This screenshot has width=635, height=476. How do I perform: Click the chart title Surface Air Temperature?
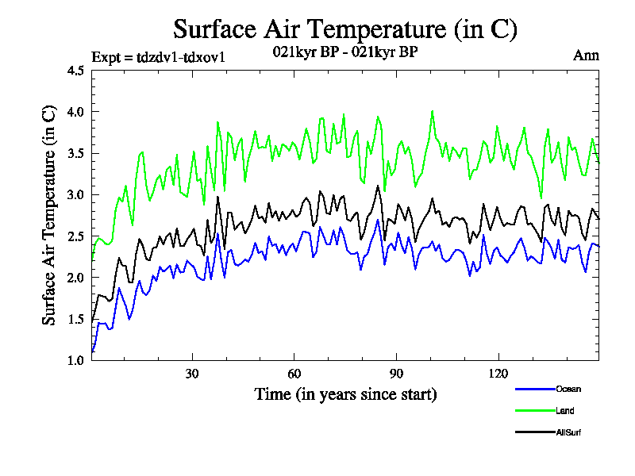coord(345,29)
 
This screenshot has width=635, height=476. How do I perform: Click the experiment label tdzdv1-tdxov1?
coord(160,56)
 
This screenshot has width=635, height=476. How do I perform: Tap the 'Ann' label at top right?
coord(586,55)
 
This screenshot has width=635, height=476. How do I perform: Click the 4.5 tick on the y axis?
coord(75,71)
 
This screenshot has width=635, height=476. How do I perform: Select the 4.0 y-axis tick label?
coord(75,112)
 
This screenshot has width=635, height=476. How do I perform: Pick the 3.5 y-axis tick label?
coord(75,153)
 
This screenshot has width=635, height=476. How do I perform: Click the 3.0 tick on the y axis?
coord(75,194)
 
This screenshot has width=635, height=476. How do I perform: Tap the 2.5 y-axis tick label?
coord(75,236)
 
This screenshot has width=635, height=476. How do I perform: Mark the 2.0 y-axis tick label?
coord(75,278)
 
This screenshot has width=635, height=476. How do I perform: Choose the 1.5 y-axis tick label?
coord(75,319)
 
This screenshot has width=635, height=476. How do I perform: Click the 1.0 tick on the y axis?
coord(75,360)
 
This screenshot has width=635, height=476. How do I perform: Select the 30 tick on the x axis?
coord(192,374)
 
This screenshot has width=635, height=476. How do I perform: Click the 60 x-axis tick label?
coord(294,374)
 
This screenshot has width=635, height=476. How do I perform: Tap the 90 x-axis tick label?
coord(395,374)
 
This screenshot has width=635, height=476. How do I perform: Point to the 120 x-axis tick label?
coord(497,374)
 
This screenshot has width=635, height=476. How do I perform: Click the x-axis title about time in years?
coord(345,393)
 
